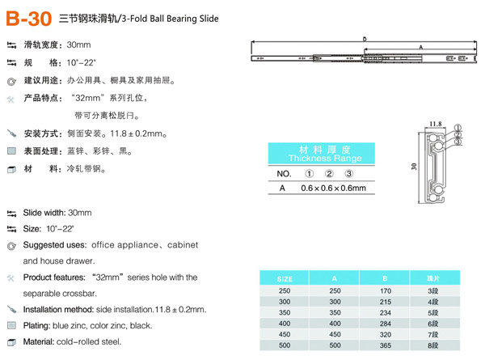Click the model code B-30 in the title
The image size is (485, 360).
tap(30, 16)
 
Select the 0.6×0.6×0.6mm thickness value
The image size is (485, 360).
tap(323, 188)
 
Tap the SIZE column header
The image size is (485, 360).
tap(285, 277)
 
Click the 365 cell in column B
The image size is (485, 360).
tap(385, 345)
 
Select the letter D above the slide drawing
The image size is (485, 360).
tap(365, 38)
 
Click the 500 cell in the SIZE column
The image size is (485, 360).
tap(285, 345)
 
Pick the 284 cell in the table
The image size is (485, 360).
tap(385, 322)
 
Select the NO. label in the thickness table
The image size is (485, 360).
tap(284, 174)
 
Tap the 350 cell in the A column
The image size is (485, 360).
tap(334, 311)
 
